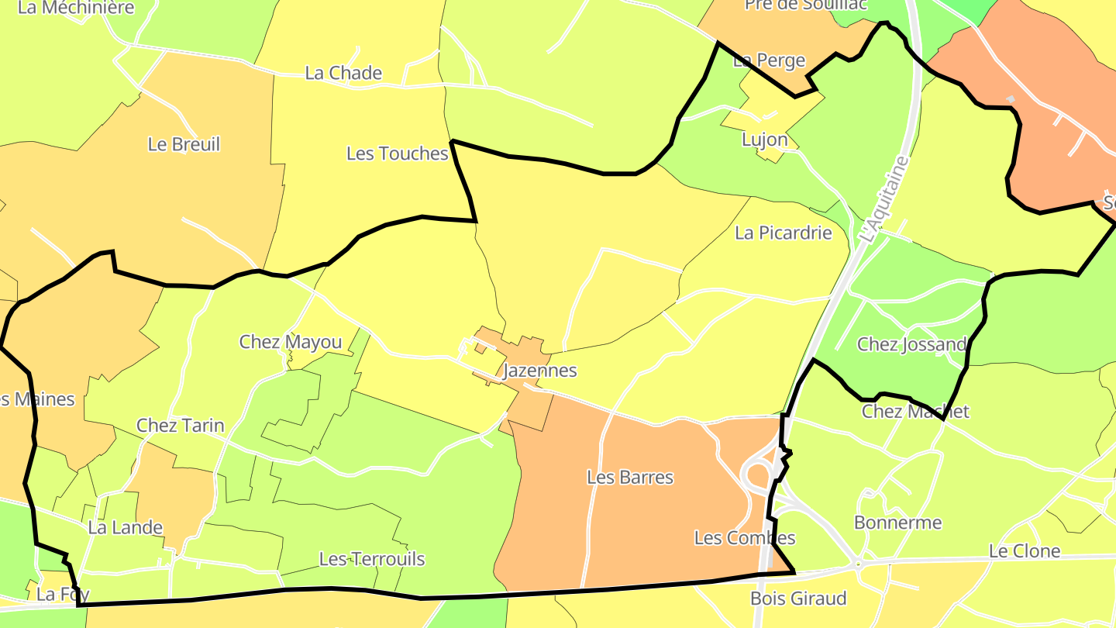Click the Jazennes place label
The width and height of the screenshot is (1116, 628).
coord(540,371)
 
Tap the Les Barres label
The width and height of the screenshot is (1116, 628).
coord(630,478)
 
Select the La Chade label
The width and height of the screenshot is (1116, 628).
coord(343,73)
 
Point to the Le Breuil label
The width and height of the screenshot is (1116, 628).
coord(184,144)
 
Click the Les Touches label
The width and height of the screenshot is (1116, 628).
coord(397,154)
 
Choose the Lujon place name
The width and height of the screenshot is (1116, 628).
coord(764,140)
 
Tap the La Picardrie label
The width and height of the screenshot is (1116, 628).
coord(783,233)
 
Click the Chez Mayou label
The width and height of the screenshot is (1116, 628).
coord(290,342)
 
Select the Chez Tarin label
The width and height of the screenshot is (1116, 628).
coord(180,425)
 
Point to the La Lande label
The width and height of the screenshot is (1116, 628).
coord(126,528)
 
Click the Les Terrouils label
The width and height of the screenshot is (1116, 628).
coord(372,559)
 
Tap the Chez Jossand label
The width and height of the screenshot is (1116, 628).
coord(911,344)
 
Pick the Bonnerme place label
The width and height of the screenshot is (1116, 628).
coord(897,523)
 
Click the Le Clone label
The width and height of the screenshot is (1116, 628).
coord(1024,551)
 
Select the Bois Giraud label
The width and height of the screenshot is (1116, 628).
coord(798,599)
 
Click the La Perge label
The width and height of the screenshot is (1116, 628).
coord(769,60)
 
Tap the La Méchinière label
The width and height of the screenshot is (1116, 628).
coord(75,8)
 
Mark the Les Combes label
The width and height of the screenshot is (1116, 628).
coord(744,538)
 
